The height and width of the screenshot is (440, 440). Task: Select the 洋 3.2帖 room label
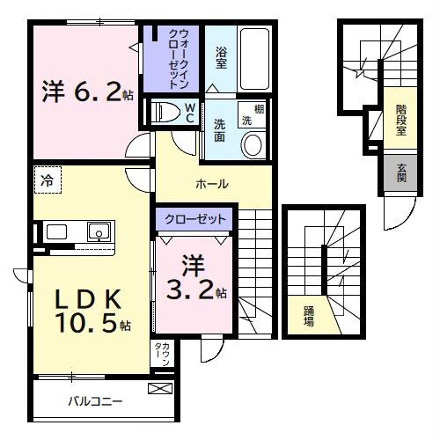[195, 277]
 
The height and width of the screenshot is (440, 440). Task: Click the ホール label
[212, 184]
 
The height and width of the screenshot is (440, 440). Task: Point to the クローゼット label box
[194, 218]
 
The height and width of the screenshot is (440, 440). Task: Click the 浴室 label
[221, 58]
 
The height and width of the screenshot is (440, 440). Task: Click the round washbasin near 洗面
[253, 144]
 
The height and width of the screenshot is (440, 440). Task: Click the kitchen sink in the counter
[97, 232]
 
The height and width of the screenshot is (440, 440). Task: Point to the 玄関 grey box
[401, 174]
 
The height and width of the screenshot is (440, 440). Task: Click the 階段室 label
[401, 120]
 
